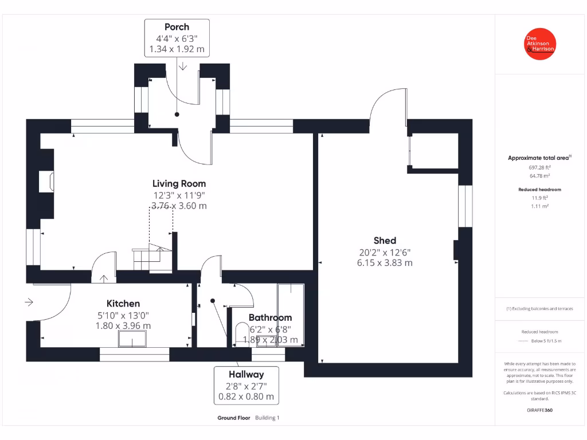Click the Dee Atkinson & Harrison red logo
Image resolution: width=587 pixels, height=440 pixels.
(540, 44)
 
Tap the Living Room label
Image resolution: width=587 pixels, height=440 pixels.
(179, 184)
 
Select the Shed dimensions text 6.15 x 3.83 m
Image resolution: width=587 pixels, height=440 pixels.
(384, 263)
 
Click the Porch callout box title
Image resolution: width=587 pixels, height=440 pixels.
(177, 27)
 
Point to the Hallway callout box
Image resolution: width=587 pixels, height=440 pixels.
(246, 385)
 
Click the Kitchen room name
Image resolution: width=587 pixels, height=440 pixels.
(123, 304)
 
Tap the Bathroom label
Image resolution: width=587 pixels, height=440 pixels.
(270, 317)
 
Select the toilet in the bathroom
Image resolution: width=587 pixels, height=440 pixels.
(241, 335)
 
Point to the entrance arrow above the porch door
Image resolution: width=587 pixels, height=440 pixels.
(182, 66)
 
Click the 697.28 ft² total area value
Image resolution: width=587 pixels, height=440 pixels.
(539, 167)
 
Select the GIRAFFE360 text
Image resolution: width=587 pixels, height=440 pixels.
(539, 410)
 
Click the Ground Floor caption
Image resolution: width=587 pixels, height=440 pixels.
(233, 418)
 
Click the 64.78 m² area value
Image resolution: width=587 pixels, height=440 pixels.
(539, 176)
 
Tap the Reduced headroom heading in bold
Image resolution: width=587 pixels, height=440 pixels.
(539, 189)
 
